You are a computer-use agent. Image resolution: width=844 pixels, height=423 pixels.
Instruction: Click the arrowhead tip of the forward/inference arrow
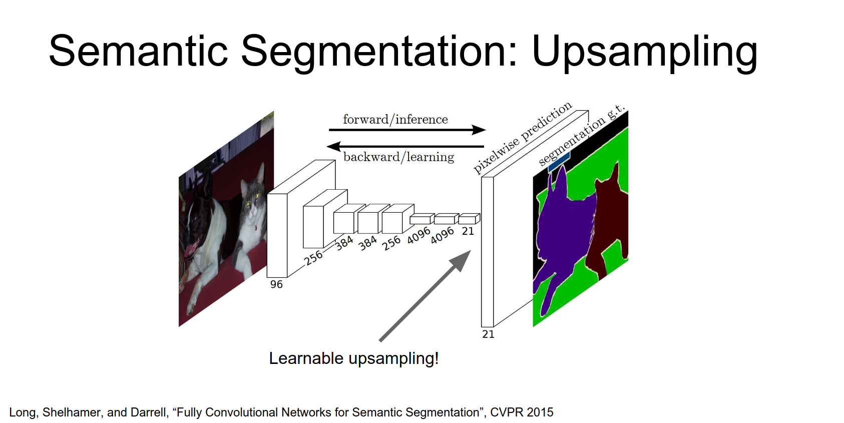[x=486, y=130]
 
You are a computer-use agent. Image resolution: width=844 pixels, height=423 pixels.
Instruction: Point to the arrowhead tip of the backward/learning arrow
[x=326, y=146]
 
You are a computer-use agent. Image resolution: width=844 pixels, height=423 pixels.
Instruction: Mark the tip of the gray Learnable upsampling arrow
[x=471, y=250]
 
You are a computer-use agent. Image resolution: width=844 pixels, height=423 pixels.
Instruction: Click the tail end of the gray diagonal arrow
[x=380, y=341]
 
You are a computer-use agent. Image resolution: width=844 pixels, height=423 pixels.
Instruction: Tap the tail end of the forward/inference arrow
[x=329, y=130]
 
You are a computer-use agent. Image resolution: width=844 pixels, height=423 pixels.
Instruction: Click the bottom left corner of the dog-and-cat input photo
[x=179, y=326]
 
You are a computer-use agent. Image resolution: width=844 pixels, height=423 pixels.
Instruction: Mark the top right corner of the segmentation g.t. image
[x=628, y=111]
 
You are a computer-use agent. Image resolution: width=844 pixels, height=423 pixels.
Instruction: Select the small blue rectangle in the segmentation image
[x=559, y=162]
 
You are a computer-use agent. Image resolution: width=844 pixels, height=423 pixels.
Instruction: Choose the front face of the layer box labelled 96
[x=277, y=236]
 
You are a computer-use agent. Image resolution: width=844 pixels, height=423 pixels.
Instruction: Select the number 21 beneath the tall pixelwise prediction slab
[x=488, y=334]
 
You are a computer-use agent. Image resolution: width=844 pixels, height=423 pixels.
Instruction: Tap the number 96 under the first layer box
[x=276, y=285]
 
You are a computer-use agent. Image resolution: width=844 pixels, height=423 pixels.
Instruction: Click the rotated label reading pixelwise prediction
[x=523, y=138]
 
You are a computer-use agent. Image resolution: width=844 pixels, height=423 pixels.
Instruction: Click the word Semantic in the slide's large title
[x=138, y=51]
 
